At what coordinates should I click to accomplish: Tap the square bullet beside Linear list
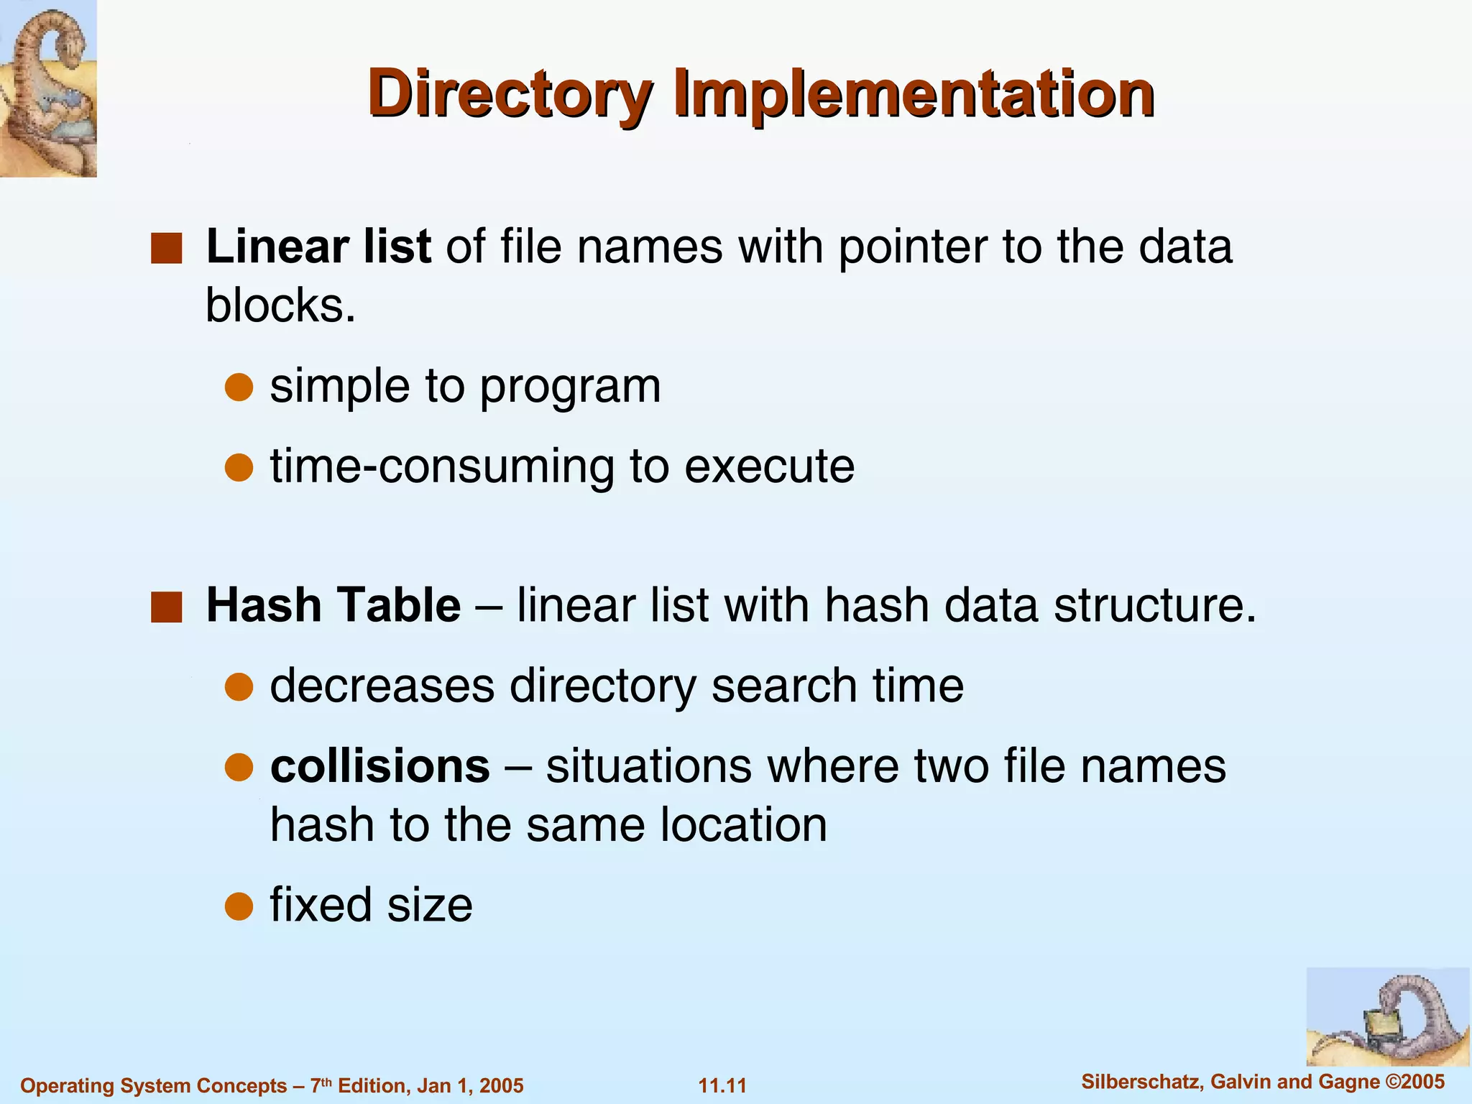(166, 248)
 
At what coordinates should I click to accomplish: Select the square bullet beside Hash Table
(166, 607)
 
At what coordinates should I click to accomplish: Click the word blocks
(280, 306)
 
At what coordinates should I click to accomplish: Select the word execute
(770, 466)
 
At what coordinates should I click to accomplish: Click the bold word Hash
(263, 605)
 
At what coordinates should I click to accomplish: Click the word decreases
(382, 686)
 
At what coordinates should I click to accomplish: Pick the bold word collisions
(380, 766)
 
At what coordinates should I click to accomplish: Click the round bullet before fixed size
(239, 906)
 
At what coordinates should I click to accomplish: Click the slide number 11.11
(722, 1085)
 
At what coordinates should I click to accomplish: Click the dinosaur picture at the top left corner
(48, 88)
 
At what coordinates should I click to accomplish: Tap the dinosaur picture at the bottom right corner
(1387, 1016)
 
